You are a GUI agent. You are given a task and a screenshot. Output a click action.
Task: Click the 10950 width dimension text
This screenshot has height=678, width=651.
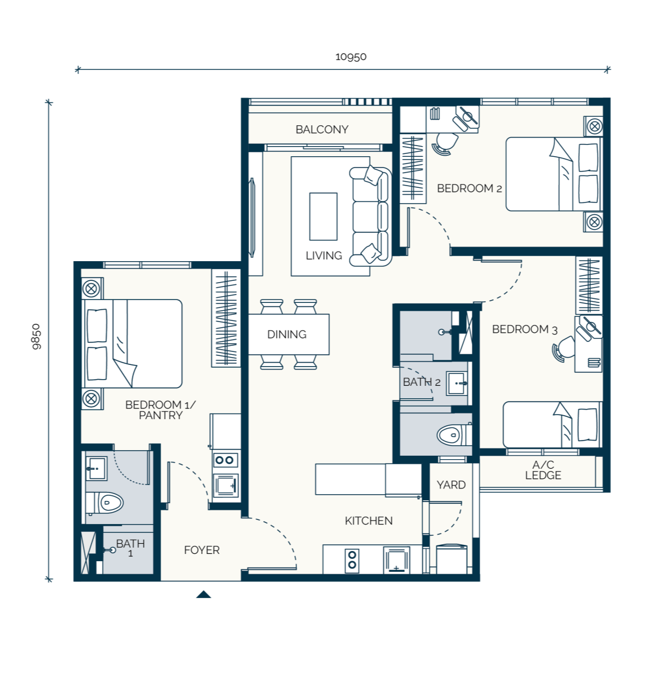[351, 56]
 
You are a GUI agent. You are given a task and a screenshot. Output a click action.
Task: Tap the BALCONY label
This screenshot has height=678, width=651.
[322, 129]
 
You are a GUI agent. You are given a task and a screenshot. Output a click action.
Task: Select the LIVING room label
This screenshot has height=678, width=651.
[324, 256]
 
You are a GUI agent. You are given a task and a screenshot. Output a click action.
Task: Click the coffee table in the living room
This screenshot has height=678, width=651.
[323, 217]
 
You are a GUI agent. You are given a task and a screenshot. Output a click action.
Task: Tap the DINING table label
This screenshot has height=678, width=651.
[286, 334]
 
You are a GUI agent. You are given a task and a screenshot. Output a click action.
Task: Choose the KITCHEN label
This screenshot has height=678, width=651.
[368, 521]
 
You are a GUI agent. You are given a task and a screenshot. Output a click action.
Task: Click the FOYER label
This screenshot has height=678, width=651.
[202, 550]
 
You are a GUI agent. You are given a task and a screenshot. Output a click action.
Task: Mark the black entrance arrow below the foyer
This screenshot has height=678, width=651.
[203, 594]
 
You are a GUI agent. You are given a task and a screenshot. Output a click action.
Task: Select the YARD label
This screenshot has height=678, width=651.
[451, 485]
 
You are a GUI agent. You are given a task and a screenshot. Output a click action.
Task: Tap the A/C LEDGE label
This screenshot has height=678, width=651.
[543, 470]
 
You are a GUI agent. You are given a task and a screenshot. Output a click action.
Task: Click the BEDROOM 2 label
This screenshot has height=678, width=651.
[470, 188]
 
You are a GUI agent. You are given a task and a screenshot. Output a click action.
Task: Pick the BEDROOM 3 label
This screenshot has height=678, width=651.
[525, 329]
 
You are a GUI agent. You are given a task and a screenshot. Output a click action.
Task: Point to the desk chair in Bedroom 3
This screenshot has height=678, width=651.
[563, 349]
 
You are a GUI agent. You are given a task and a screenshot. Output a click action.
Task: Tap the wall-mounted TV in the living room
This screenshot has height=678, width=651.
[252, 217]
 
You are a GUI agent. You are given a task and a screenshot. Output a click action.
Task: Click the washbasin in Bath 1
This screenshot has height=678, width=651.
[96, 468]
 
